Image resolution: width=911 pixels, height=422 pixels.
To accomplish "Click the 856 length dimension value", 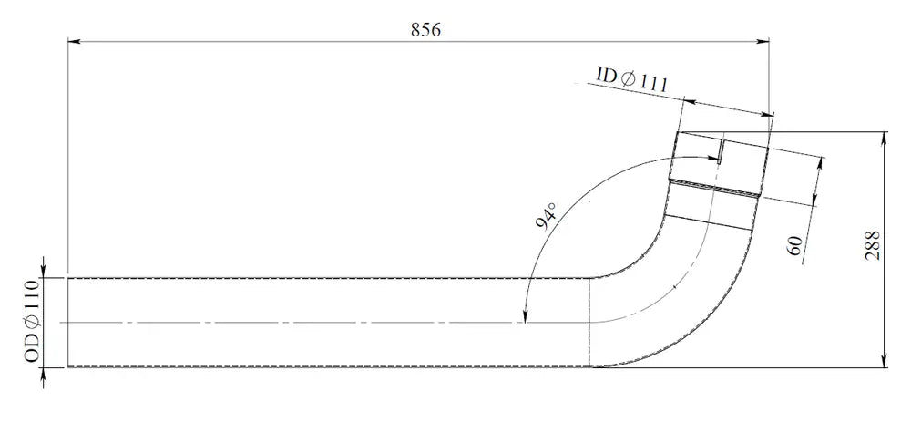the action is [425, 30].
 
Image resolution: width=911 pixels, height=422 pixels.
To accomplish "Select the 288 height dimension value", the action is [874, 246].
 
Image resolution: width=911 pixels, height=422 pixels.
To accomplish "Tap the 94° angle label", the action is [546, 216].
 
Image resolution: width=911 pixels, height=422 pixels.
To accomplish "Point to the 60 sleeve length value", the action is [795, 246].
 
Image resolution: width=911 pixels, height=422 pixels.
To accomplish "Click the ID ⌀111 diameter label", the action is [631, 78].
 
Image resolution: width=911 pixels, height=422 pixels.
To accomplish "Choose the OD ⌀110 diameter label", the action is [32, 322].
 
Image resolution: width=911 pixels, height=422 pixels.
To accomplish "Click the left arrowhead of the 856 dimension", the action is [74, 41].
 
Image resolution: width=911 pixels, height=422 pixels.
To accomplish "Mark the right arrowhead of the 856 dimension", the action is [763, 41].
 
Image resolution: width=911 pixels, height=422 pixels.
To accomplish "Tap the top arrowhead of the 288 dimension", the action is [885, 138].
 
